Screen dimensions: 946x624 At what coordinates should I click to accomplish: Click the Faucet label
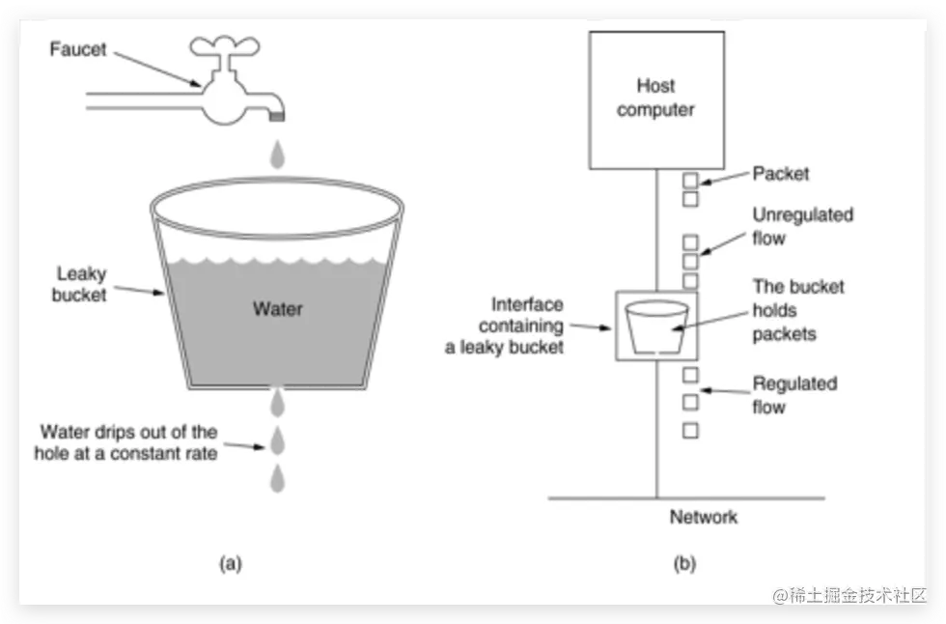tap(78, 49)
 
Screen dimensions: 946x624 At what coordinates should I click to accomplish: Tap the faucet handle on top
tap(224, 45)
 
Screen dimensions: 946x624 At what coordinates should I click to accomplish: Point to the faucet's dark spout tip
tap(277, 115)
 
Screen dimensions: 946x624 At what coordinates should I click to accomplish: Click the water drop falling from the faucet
tap(278, 155)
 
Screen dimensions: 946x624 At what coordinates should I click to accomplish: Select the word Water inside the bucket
tap(278, 309)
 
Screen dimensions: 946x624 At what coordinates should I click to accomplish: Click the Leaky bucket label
tap(79, 284)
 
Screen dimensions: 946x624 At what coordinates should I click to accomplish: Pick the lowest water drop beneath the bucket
tap(278, 478)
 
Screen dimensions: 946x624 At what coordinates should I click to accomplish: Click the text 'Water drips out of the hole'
tap(126, 442)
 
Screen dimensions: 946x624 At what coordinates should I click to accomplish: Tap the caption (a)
tap(231, 564)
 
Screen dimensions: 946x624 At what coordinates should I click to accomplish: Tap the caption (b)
tap(684, 564)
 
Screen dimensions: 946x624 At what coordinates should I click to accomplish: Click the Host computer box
tap(656, 100)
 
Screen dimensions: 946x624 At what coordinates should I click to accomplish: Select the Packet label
tap(781, 174)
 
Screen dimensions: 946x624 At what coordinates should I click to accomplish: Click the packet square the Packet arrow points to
tap(691, 181)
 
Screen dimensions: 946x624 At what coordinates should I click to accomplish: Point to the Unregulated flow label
tap(803, 226)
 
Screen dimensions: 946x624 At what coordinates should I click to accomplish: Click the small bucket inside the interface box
tap(657, 327)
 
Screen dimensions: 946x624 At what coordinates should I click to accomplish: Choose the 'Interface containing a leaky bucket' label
tap(504, 326)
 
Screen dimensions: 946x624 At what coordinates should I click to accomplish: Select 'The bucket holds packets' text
tap(798, 310)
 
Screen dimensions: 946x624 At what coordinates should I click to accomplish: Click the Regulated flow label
tap(794, 395)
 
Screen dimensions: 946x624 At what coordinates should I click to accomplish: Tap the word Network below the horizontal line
tap(704, 517)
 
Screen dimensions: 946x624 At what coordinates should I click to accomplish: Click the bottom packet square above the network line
tap(691, 431)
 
